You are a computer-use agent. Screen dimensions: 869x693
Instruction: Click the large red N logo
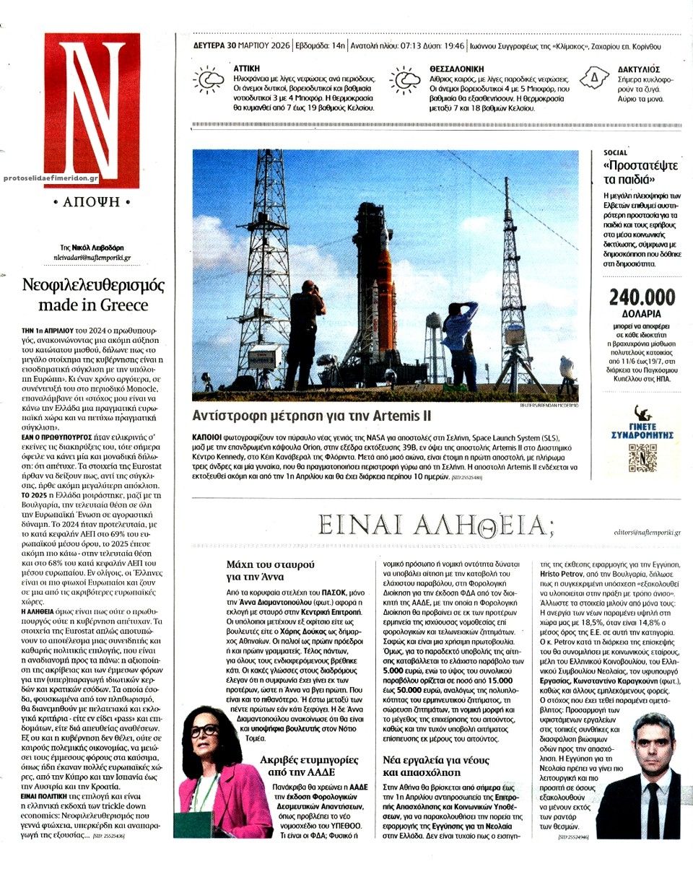[92, 110]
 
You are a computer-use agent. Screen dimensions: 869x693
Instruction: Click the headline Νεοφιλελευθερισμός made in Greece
[92, 294]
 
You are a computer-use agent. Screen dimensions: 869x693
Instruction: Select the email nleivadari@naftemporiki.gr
[92, 256]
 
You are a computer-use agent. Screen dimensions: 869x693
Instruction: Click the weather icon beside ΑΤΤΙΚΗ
[209, 81]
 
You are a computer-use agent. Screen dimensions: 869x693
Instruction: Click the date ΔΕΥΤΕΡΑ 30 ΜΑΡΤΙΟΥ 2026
[242, 46]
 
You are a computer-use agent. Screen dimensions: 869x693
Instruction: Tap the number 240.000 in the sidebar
[642, 297]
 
